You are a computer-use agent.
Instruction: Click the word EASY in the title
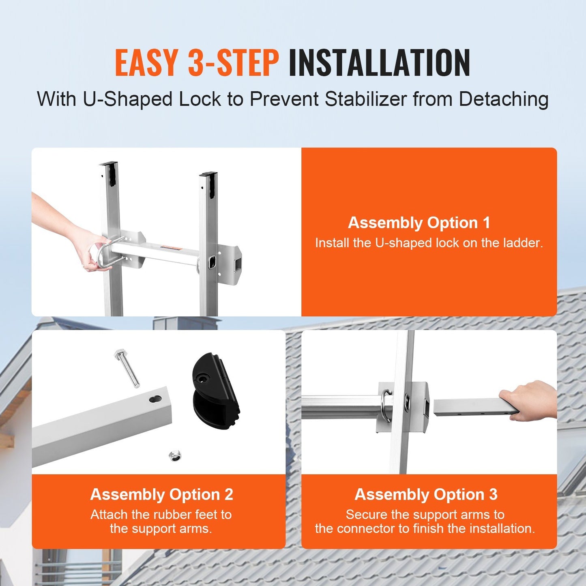point(146,62)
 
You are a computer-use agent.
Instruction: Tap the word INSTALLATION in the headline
point(379,62)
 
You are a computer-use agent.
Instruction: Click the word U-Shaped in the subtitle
point(128,99)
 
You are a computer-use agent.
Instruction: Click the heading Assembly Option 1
point(419,223)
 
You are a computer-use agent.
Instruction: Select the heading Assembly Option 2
point(161,494)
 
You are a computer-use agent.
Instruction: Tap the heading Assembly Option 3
point(426,494)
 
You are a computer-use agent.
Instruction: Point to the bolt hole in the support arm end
point(155,399)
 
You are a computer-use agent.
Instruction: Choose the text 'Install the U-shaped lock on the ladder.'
point(429,243)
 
